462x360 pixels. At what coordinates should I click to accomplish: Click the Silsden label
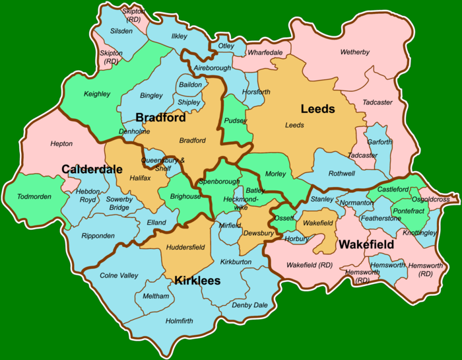[x=121, y=31]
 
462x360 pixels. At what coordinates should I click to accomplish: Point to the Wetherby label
[x=355, y=52]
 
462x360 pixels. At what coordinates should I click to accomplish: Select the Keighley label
[x=97, y=94]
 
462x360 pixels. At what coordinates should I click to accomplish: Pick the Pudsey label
[x=236, y=121]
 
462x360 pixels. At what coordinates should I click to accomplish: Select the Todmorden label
[x=32, y=197]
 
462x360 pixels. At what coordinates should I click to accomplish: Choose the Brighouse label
[x=185, y=197]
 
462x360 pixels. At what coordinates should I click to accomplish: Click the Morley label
[x=276, y=174]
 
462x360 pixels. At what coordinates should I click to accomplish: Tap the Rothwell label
[x=341, y=174]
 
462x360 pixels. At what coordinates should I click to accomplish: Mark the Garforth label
[x=379, y=142]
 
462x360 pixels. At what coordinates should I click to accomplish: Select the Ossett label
[x=284, y=218]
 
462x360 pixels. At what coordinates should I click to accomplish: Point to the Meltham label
[x=156, y=296]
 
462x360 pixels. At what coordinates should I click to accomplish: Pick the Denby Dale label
[x=249, y=305]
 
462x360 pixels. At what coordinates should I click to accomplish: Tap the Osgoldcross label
[x=430, y=199]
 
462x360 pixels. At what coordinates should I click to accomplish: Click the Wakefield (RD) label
[x=310, y=265]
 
